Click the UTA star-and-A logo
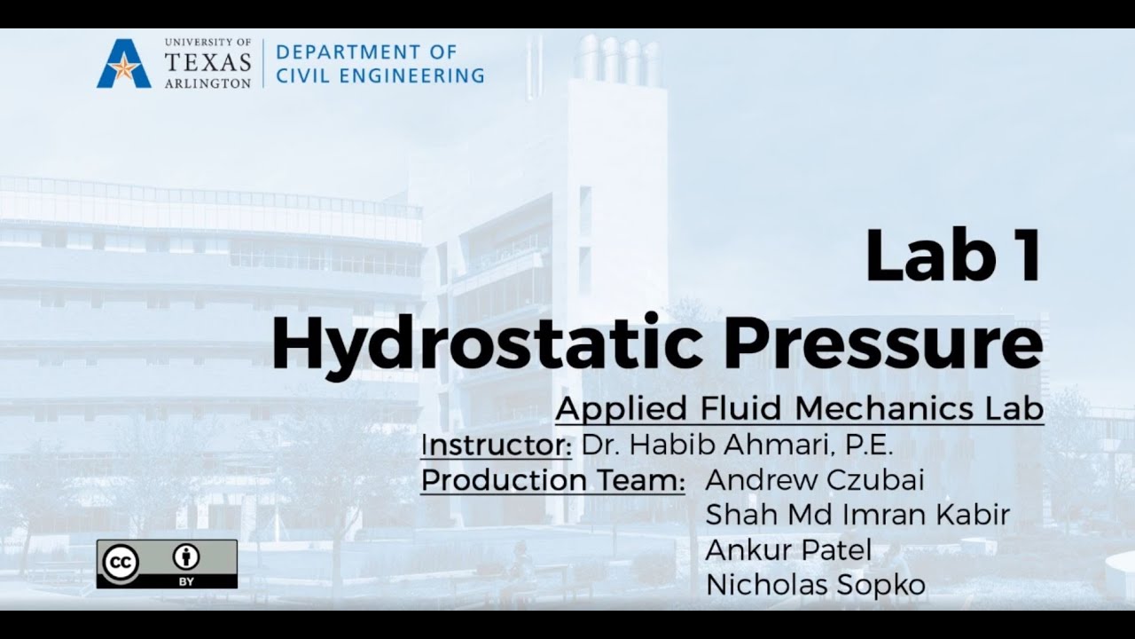[x=124, y=64]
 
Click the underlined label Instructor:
[x=496, y=445]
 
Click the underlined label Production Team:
[x=552, y=480]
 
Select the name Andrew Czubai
[x=815, y=480]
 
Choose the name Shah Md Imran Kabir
[x=857, y=515]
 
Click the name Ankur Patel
[x=788, y=550]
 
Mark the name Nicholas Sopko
[x=815, y=585]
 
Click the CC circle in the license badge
[x=121, y=561]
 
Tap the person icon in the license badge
[x=186, y=557]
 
